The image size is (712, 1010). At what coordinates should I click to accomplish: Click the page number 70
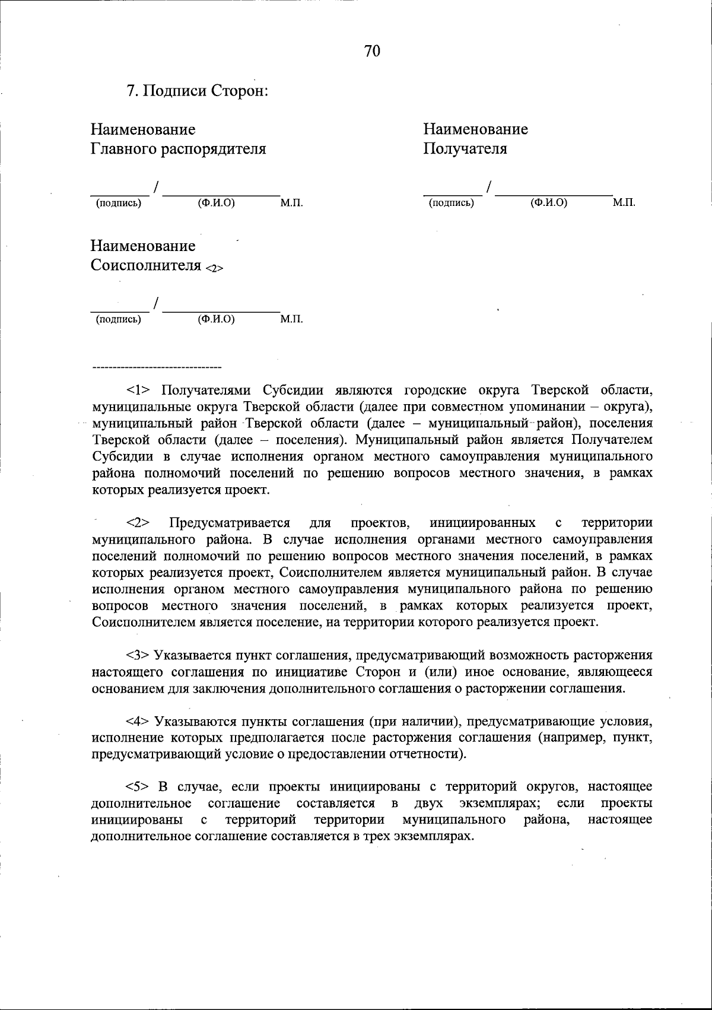[372, 52]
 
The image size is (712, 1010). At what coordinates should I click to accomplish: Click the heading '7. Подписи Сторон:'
[198, 92]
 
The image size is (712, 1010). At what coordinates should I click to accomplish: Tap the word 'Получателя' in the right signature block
[465, 149]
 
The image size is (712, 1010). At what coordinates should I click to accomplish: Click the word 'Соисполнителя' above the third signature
[146, 265]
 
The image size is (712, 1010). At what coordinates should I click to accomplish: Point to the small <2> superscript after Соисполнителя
[214, 268]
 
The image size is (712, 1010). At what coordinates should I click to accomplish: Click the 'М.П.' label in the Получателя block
[624, 203]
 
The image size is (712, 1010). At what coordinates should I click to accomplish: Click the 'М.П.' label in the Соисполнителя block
[291, 320]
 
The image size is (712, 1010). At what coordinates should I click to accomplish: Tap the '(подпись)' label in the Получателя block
[452, 204]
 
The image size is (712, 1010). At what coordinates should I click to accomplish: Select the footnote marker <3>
[139, 656]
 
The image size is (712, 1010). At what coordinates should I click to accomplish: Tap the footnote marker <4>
[139, 722]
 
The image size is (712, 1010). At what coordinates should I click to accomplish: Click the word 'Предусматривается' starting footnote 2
[230, 523]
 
